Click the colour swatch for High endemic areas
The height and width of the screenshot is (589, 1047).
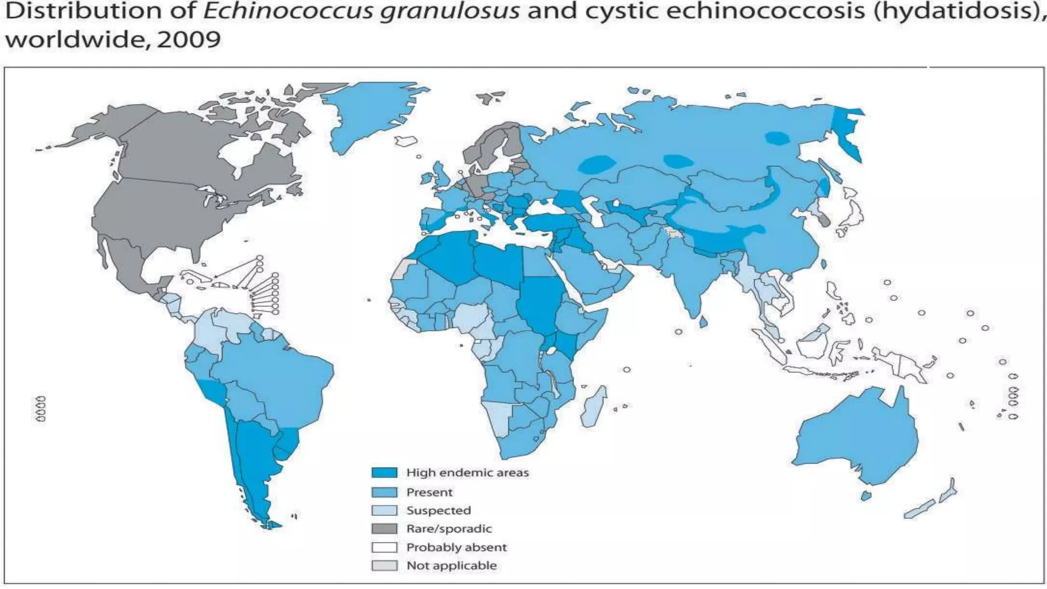(x=384, y=473)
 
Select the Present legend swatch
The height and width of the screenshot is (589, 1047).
(x=384, y=492)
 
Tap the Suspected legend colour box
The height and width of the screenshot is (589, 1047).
(x=384, y=510)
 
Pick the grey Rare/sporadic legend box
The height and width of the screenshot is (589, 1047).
(x=384, y=529)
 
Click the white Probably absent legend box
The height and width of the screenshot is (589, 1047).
(x=384, y=547)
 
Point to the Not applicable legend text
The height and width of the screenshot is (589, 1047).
(x=451, y=565)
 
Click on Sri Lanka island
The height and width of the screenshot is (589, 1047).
(x=704, y=322)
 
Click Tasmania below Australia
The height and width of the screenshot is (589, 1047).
(x=866, y=495)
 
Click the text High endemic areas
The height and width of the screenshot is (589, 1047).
(x=467, y=473)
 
